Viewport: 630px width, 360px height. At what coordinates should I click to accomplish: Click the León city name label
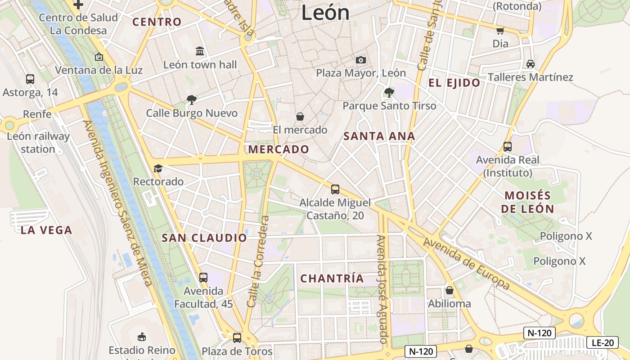point(325,12)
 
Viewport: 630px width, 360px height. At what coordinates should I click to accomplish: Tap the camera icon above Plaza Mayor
point(360,60)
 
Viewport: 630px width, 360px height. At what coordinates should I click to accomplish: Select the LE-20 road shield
point(602,342)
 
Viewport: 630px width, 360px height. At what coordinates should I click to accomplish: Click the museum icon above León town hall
point(200,51)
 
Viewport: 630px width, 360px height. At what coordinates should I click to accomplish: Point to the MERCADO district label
point(279,149)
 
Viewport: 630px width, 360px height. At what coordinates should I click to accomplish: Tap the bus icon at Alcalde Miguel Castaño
point(335,189)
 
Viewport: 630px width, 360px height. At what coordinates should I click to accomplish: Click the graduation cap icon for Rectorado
point(158,169)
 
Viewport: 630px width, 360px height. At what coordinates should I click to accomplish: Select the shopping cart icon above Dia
point(500,31)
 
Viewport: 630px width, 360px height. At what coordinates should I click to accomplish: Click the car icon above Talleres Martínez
point(531,64)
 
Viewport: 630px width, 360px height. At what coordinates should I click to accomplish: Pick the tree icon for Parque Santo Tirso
point(389,93)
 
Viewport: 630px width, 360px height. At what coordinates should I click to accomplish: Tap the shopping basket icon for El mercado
point(300,117)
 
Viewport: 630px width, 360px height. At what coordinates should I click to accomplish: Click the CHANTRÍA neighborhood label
point(332,279)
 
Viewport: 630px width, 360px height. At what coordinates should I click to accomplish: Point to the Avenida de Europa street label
point(467,264)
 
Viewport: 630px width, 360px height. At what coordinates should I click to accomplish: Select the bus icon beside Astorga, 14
point(30,79)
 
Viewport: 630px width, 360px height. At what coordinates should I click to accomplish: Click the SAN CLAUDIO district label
point(204,238)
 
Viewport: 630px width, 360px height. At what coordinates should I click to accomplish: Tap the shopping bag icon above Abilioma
point(449,290)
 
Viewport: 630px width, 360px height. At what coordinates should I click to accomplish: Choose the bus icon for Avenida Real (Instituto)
point(507,147)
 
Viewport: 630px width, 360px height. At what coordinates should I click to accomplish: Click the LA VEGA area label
point(46,230)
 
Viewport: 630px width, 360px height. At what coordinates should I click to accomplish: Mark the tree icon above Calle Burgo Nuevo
point(192,100)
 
